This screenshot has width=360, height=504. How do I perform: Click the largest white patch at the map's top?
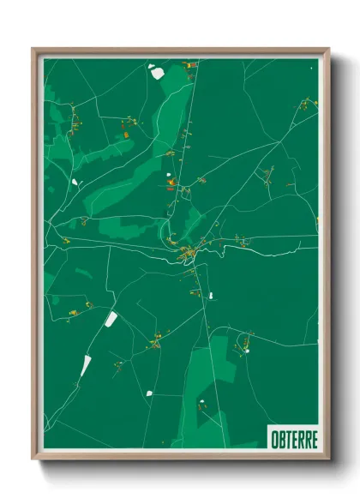(156, 72)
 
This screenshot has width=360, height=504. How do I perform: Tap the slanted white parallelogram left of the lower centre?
(111, 320)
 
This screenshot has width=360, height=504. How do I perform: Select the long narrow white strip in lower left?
(87, 364)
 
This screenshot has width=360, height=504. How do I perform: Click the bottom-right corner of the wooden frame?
(328, 460)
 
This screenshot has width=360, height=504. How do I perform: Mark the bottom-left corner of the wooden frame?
(33, 460)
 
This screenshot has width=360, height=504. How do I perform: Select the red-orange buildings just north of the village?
(171, 182)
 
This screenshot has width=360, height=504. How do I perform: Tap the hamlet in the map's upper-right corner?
(304, 105)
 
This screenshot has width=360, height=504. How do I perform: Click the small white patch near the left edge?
(75, 182)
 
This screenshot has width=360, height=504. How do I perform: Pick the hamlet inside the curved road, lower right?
(247, 348)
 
